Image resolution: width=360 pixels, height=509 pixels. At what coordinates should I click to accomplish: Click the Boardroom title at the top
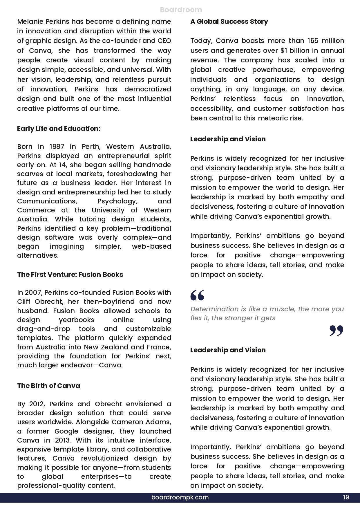point(181,10)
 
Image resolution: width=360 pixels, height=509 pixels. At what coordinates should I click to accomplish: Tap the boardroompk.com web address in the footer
point(180,497)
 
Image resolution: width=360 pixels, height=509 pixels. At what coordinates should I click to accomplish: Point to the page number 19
point(346,497)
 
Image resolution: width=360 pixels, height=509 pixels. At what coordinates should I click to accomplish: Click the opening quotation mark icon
point(197,295)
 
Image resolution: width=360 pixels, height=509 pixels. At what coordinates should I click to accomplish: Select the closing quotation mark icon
point(336,331)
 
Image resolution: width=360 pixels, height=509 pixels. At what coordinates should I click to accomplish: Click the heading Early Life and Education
point(59,129)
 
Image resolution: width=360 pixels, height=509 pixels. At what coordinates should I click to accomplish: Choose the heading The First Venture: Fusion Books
point(70,275)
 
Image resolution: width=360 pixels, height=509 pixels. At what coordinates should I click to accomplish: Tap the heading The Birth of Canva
point(48,386)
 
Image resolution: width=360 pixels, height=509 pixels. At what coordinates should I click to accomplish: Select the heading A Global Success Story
point(229,21)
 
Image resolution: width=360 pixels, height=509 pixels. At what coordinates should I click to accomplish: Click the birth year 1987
point(57,147)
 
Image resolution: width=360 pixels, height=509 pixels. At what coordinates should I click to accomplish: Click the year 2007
point(33,293)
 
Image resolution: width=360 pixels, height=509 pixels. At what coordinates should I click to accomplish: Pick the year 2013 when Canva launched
point(63,440)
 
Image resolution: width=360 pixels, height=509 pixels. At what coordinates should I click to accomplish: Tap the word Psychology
point(117,201)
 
